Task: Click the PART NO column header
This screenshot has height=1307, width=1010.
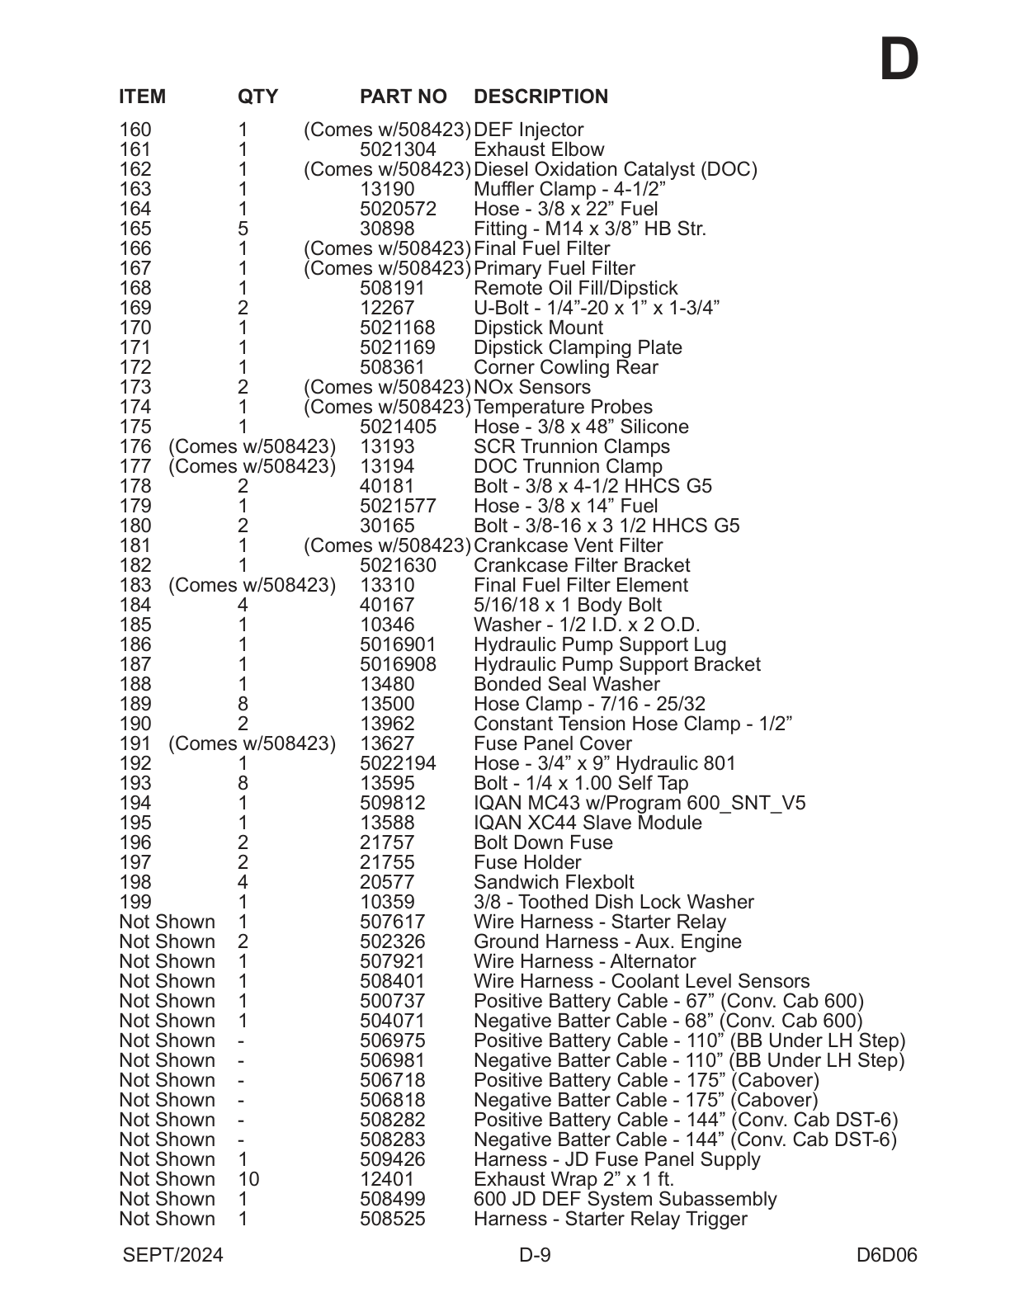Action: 403,97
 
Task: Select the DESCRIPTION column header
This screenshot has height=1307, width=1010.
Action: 540,97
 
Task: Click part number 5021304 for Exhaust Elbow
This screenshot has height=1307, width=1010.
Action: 398,150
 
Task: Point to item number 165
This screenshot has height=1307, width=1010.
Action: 135,229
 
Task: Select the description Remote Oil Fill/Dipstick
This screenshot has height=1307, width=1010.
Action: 575,289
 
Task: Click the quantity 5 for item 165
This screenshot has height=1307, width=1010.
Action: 243,229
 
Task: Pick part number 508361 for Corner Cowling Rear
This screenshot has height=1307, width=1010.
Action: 392,368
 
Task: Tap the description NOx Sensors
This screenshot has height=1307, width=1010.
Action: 532,388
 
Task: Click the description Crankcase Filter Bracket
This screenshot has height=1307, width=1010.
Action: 582,566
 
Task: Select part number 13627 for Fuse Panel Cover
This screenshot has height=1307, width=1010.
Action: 387,744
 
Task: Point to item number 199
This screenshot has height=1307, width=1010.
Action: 135,903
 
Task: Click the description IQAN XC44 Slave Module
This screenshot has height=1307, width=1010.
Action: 588,823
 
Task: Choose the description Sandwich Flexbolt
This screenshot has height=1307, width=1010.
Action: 554,883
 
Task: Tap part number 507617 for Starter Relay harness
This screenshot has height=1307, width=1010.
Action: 392,922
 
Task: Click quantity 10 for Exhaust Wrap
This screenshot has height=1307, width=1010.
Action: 248,1180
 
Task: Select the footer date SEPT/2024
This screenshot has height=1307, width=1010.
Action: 172,1256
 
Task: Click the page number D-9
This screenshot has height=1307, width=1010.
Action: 535,1256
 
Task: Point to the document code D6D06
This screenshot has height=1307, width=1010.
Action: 886,1256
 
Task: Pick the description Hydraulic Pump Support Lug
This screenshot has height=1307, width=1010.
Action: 600,645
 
